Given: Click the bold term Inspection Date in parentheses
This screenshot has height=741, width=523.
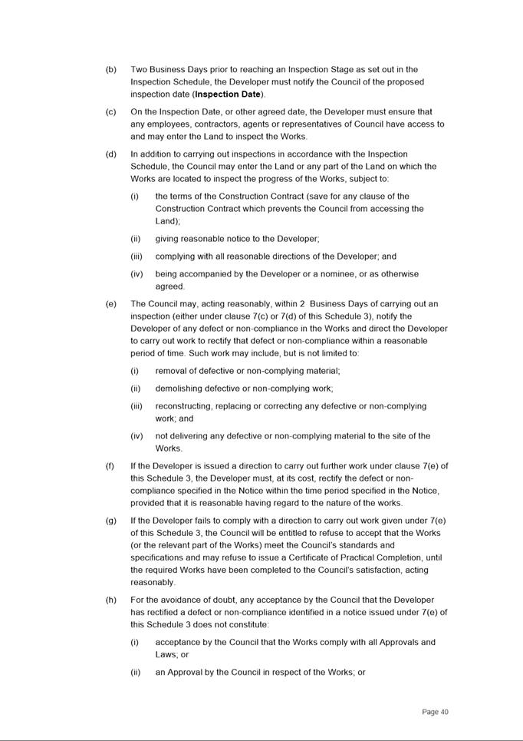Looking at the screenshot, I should [x=228, y=94].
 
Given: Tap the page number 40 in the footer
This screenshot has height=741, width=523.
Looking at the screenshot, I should [x=435, y=712].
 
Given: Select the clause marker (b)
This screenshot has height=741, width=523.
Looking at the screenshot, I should [x=111, y=70].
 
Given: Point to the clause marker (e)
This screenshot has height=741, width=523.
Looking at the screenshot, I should [x=111, y=304].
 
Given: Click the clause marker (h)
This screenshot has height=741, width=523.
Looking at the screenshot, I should [x=111, y=600].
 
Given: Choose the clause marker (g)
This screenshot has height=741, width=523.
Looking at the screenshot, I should [x=111, y=521].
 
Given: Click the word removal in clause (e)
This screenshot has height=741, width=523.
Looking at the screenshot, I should [x=172, y=371].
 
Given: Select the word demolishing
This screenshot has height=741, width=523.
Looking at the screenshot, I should [x=180, y=389].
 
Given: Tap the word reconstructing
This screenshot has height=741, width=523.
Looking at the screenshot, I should [x=185, y=406].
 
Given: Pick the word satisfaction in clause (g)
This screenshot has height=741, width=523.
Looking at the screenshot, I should [x=397, y=570].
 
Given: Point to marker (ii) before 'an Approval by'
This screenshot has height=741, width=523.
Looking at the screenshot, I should [x=136, y=673].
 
